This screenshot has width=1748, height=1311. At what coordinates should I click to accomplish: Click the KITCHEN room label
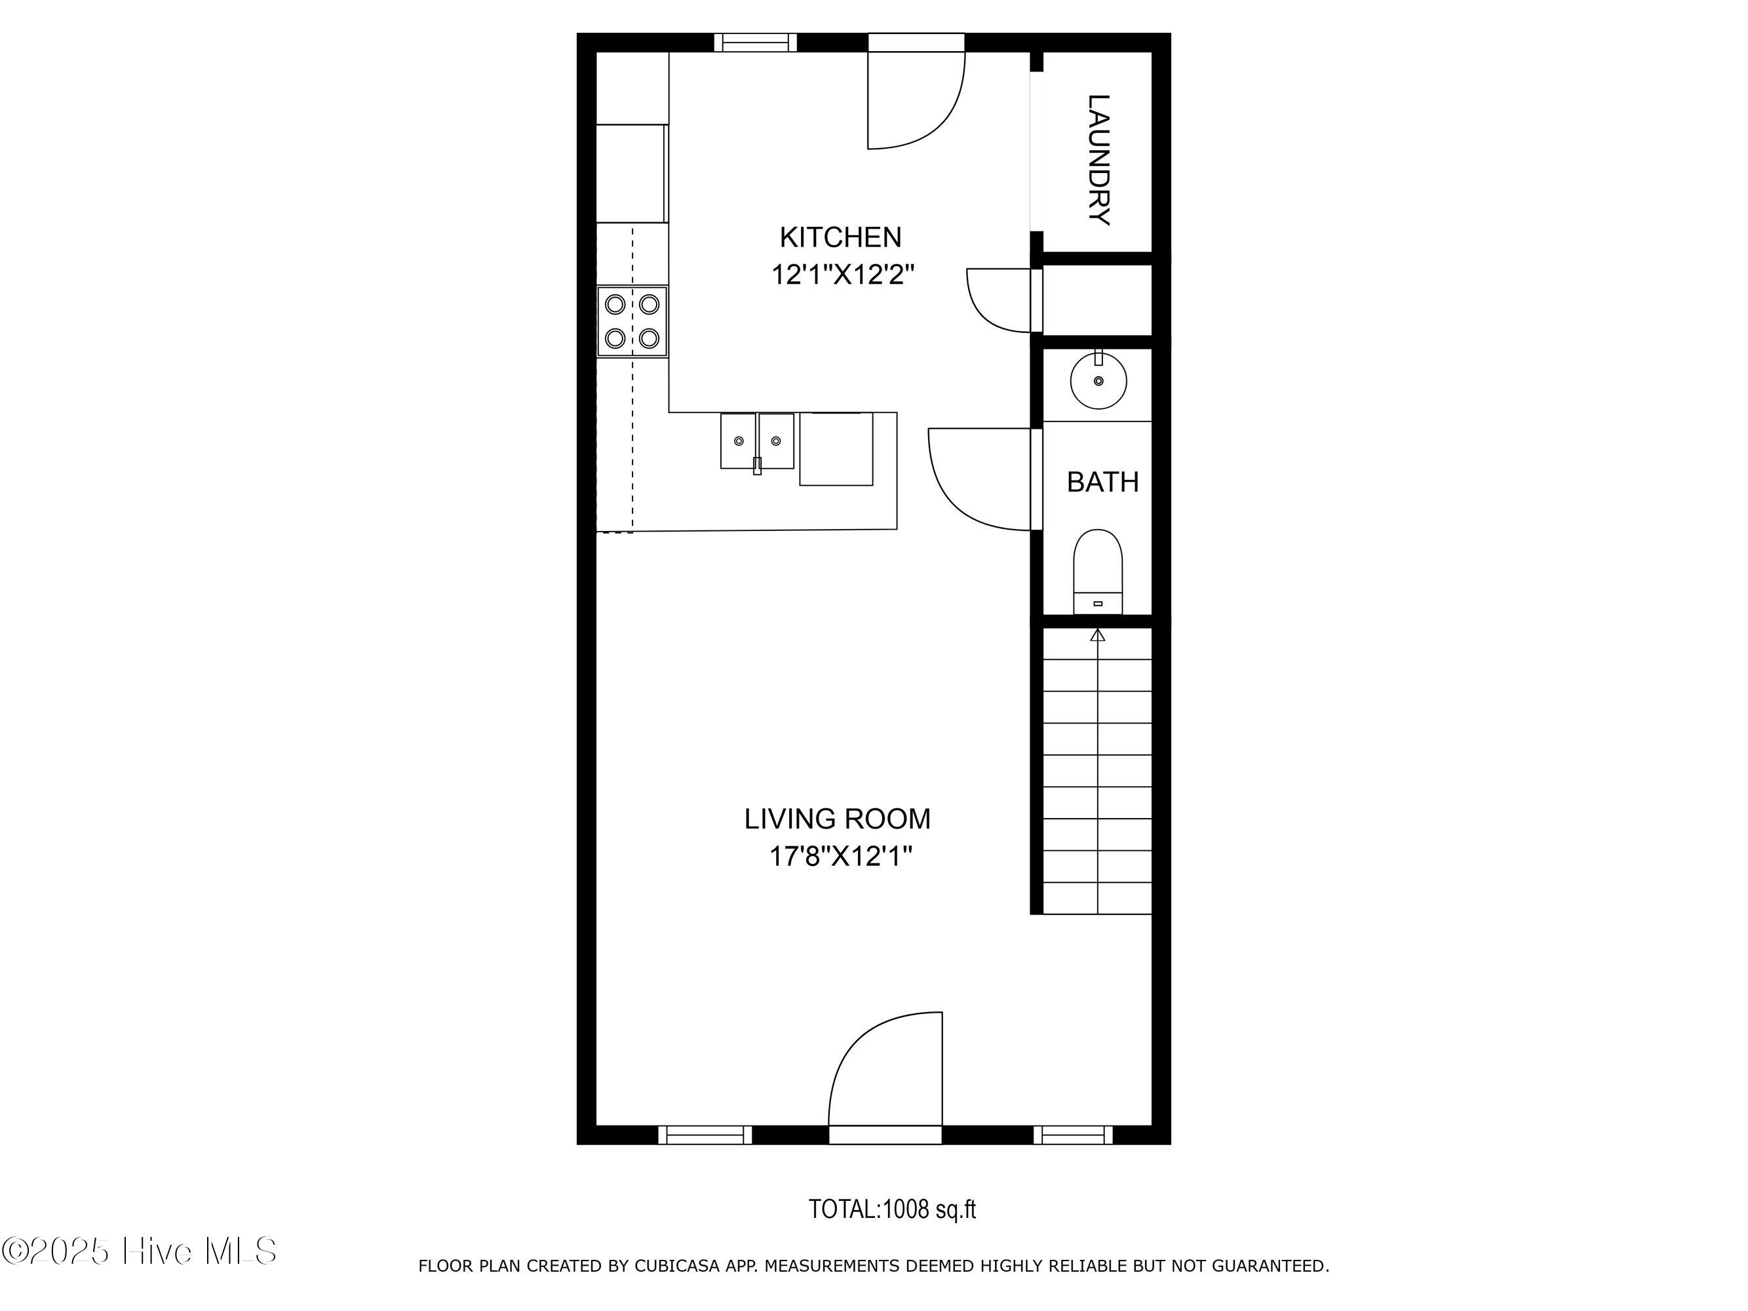pos(840,237)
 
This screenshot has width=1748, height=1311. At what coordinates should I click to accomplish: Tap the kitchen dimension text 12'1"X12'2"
pos(842,275)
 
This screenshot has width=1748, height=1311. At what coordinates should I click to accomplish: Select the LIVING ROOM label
pos(837,819)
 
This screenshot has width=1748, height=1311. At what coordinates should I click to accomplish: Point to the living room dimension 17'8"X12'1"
pos(841,856)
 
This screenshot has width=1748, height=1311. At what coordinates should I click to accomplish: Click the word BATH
pos(1102,482)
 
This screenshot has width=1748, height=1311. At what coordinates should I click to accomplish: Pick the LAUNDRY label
pos(1099,160)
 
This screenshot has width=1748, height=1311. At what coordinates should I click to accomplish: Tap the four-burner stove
pos(632,322)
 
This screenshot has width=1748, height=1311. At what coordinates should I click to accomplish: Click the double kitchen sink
pos(757,442)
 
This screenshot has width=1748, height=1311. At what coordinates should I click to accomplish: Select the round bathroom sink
pos(1098,380)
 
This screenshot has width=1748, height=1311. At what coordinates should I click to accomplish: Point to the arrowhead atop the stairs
pos(1098,635)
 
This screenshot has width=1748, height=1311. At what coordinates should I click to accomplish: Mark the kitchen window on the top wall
pos(756,43)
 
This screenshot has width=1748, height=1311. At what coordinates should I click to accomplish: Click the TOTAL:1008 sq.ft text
pos(892,1209)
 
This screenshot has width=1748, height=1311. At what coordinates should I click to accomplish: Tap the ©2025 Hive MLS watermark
pos(140,1251)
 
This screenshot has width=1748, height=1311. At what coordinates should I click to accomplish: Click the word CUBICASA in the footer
pos(677,1266)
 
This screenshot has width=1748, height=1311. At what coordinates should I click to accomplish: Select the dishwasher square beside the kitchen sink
pos(836,449)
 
